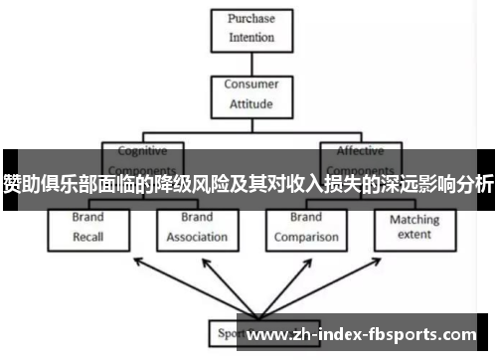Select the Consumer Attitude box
[251, 93]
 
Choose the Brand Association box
[197, 227]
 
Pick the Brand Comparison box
[307, 227]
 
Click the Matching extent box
[414, 227]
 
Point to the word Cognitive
[143, 151]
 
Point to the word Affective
[360, 151]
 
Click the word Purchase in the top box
[251, 19]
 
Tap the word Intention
[251, 39]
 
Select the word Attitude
[251, 103]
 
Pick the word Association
[197, 238]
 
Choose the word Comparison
[307, 238]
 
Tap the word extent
[414, 236]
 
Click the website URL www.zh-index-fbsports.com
[368, 335]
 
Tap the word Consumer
[251, 85]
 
